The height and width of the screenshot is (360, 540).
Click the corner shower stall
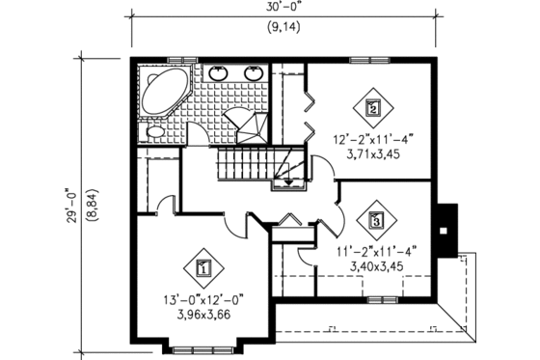pos(246,123)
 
